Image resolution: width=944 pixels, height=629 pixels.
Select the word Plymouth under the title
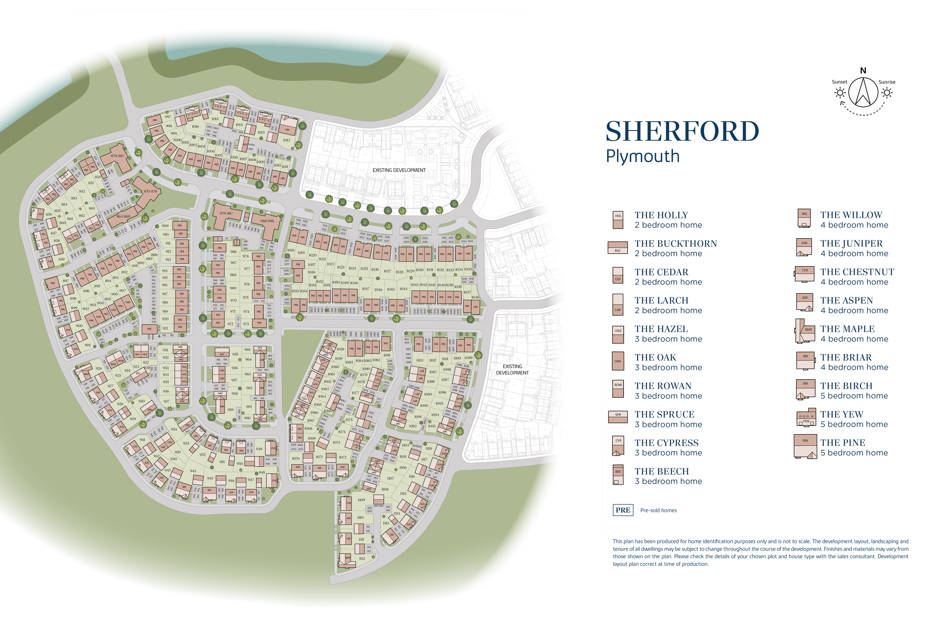[x=642, y=156]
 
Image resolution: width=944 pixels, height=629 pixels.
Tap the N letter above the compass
[x=863, y=71]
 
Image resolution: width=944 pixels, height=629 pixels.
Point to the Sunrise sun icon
[x=887, y=93]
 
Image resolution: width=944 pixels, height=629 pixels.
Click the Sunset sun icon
[x=840, y=93]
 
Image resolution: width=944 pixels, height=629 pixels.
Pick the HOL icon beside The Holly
[x=618, y=220]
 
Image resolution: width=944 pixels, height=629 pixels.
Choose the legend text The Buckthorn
[x=675, y=244]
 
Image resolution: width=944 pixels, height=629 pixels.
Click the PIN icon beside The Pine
[x=805, y=446]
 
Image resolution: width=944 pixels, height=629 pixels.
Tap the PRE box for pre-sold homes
[x=623, y=510]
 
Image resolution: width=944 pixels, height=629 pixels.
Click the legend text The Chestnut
[x=857, y=272]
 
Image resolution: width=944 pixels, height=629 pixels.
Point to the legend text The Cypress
[x=666, y=443]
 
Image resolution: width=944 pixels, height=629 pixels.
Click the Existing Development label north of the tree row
[x=399, y=170]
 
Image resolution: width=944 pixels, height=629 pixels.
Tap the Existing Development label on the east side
[x=512, y=369]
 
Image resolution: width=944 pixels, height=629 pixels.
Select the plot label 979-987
[x=226, y=214]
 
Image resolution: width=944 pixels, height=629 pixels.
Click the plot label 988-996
[x=267, y=221]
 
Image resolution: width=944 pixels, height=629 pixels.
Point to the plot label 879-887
[x=118, y=156]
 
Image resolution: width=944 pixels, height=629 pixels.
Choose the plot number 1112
[x=362, y=558]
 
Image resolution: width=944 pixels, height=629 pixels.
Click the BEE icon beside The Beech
[x=618, y=474]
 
